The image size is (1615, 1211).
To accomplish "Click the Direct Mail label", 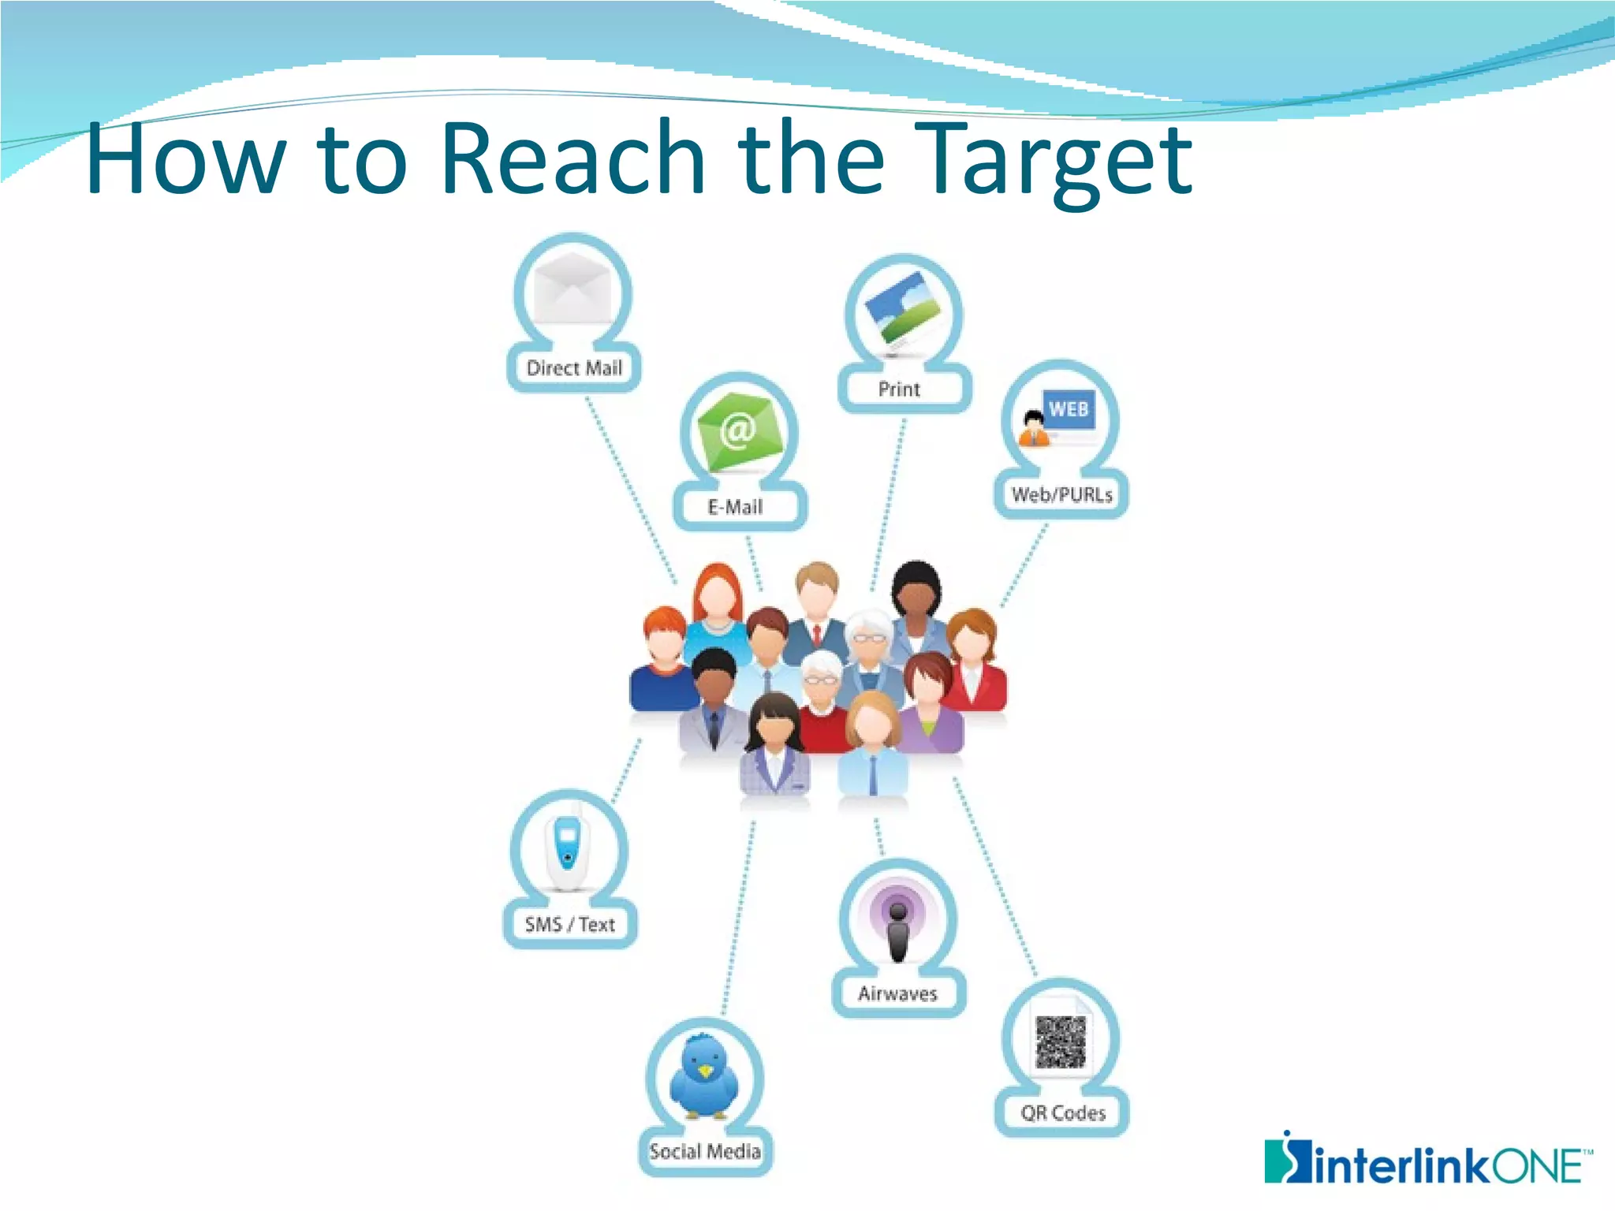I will tap(574, 368).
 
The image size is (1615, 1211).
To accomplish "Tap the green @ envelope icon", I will tap(739, 431).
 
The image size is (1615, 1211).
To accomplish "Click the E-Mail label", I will tap(736, 507).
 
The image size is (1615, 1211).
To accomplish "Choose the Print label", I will tap(899, 389).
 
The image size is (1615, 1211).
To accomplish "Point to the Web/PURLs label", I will tap(1061, 495).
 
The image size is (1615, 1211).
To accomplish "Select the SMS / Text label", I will tap(570, 924).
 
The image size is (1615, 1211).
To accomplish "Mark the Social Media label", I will tap(705, 1151).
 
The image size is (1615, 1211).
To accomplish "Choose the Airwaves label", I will tap(897, 993).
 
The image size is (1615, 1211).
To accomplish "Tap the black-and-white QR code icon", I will tap(1061, 1041).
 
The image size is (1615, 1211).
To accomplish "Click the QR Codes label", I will tap(1063, 1113).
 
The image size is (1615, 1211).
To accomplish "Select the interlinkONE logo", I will tap(1427, 1161).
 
